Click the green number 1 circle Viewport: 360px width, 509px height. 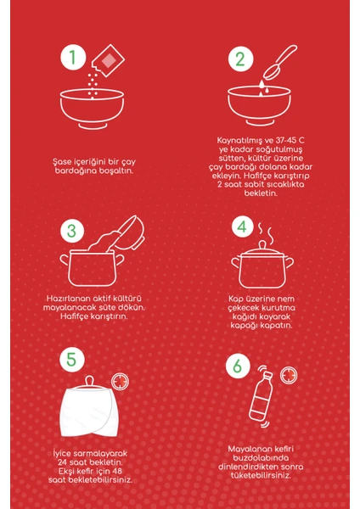point(73,58)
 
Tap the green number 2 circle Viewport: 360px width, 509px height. point(241,59)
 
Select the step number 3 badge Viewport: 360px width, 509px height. point(72,231)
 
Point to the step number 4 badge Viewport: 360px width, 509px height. point(243,227)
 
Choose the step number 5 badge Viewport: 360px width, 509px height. point(72,360)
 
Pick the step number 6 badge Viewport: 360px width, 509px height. point(238,366)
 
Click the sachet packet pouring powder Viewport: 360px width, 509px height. point(108,60)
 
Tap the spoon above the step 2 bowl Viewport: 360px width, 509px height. point(279,62)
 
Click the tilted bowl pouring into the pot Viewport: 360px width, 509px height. point(130,231)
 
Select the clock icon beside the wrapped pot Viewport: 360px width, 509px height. point(120,381)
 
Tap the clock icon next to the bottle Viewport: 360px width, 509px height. point(289,375)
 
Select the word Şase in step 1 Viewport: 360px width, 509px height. point(62,162)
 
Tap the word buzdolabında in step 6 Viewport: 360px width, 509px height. point(261,458)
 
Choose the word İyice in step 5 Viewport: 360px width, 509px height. point(62,454)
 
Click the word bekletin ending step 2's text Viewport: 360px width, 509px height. point(261,193)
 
